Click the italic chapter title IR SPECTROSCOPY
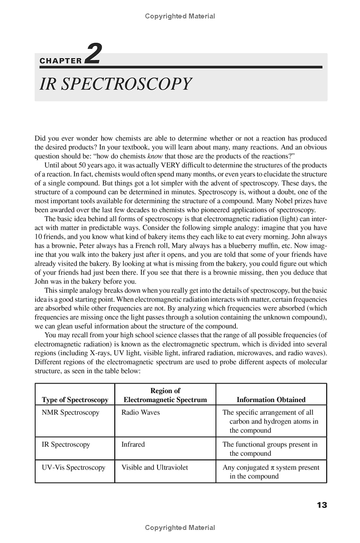[116, 84]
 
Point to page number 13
[321, 505]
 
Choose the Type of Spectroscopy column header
[75, 400]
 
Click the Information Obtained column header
[271, 400]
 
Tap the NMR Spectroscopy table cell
[70, 412]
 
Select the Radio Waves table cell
[140, 412]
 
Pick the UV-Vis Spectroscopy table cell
[73, 467]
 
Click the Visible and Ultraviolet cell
[154, 467]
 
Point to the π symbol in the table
[273, 468]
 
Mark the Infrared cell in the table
[133, 444]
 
